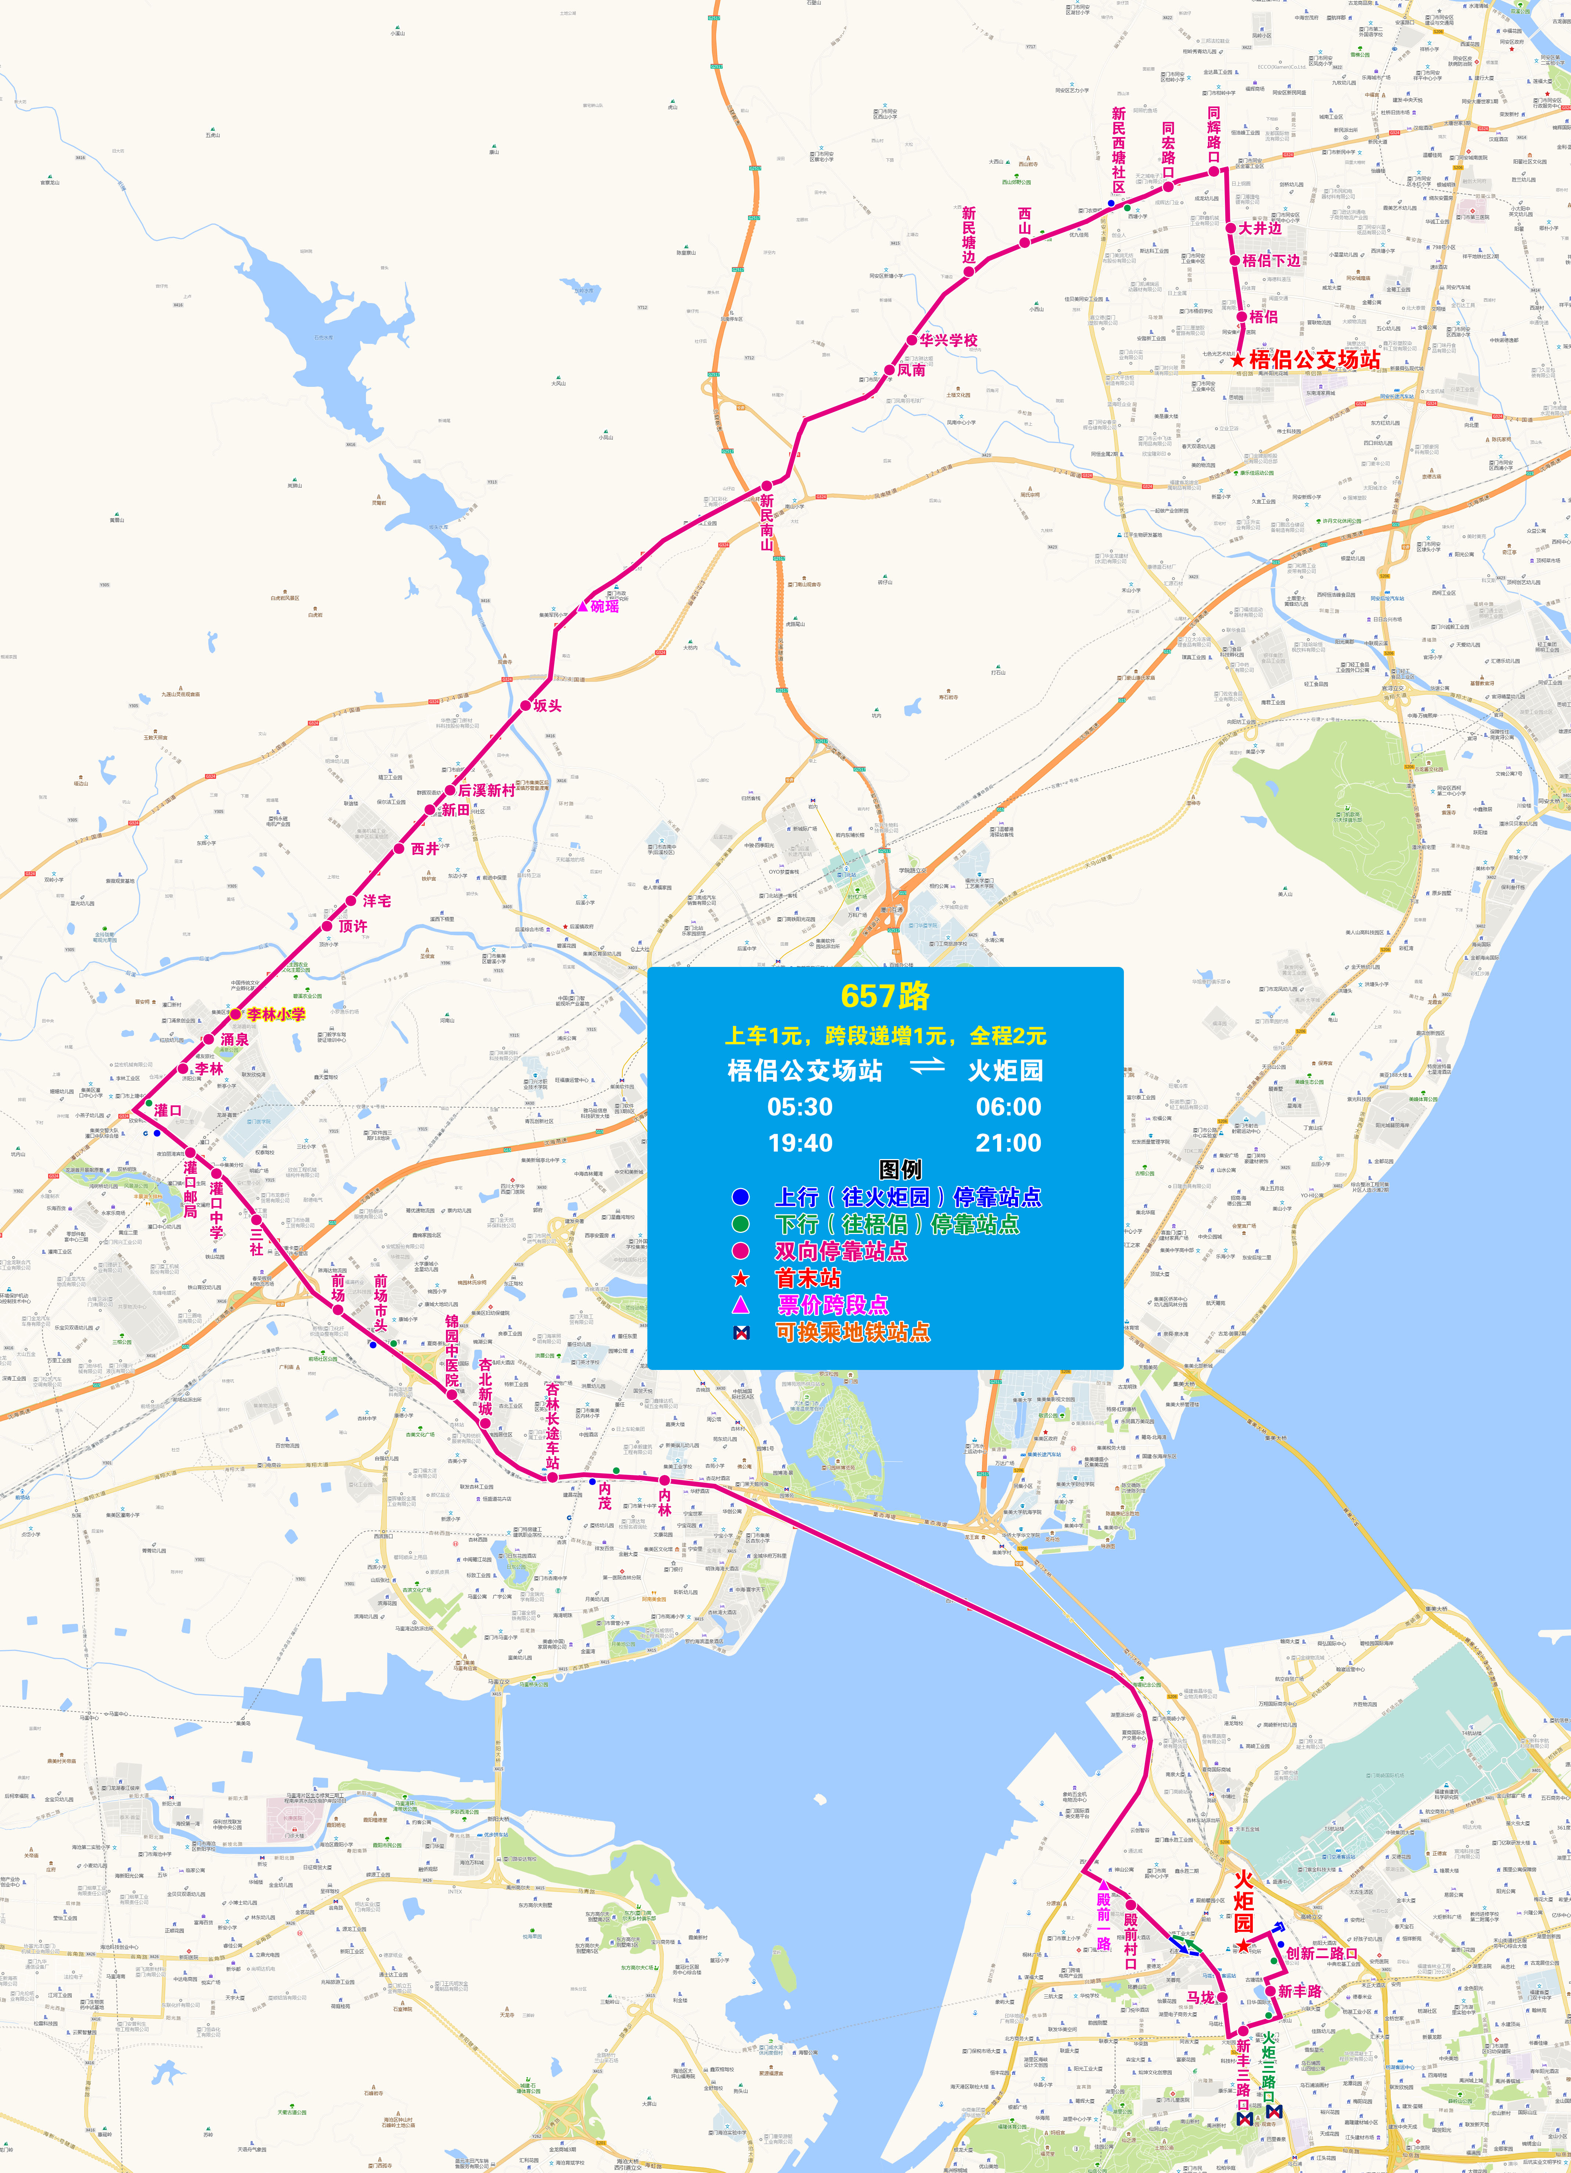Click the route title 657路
point(885,996)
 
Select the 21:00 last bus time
point(1008,1143)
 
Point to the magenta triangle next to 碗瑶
point(583,605)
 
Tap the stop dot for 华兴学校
point(912,340)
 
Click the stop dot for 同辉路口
point(1214,172)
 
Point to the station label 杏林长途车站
point(553,1425)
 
